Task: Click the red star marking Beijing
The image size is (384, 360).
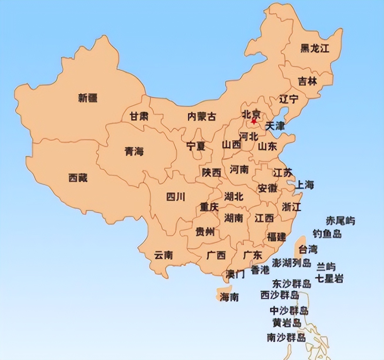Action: [x=254, y=121]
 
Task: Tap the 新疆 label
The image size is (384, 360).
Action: [x=87, y=98]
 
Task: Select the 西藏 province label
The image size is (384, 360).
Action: [x=78, y=178]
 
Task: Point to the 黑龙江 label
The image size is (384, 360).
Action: [x=315, y=48]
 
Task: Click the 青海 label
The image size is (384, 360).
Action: [x=134, y=152]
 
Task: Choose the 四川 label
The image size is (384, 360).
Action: [x=176, y=197]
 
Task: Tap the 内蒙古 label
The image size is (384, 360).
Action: [x=202, y=117]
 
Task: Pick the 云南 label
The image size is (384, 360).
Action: [x=164, y=255]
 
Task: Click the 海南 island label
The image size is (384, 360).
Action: [x=229, y=297]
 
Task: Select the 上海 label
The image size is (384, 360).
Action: [x=304, y=185]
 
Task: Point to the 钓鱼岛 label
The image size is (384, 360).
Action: [x=327, y=234]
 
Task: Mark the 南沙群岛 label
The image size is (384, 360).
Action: [x=286, y=337]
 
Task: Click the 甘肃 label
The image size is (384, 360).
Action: [x=139, y=117]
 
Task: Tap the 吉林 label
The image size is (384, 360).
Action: [x=308, y=81]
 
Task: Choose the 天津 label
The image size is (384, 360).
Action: [x=275, y=126]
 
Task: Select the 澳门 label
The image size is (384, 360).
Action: [x=235, y=274]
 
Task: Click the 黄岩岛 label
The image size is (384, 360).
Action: [x=287, y=323]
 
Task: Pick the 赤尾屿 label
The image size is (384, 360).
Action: [x=340, y=221]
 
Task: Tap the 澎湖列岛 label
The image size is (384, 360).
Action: [x=291, y=263]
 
